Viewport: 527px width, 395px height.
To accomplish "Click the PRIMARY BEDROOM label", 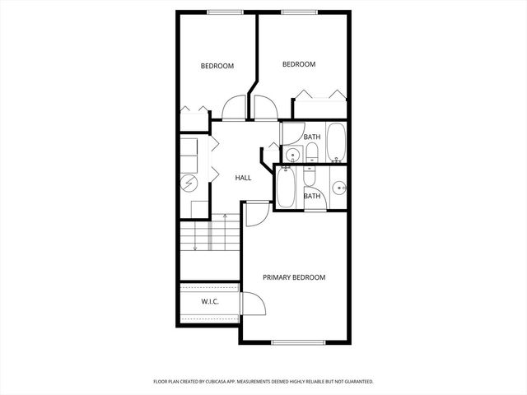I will pyautogui.click(x=294, y=277).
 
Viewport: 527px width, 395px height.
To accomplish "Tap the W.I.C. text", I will pyautogui.click(x=210, y=301).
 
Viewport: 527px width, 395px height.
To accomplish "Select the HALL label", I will pyautogui.click(x=243, y=178).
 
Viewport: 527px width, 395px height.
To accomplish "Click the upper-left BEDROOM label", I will pyautogui.click(x=217, y=67).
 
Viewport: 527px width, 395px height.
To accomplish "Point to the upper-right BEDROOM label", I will pyautogui.click(x=299, y=64).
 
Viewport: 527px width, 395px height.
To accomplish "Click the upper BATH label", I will pyautogui.click(x=312, y=137).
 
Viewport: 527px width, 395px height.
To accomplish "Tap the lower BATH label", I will pyautogui.click(x=312, y=196).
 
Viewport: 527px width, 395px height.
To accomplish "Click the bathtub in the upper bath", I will pyautogui.click(x=336, y=142).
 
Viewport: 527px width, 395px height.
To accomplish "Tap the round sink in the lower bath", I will pyautogui.click(x=338, y=188).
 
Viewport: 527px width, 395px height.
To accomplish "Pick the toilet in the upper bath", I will pyautogui.click(x=312, y=152).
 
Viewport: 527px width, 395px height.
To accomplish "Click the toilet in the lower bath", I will pyautogui.click(x=310, y=177).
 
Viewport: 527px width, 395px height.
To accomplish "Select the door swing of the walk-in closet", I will pyautogui.click(x=251, y=304).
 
